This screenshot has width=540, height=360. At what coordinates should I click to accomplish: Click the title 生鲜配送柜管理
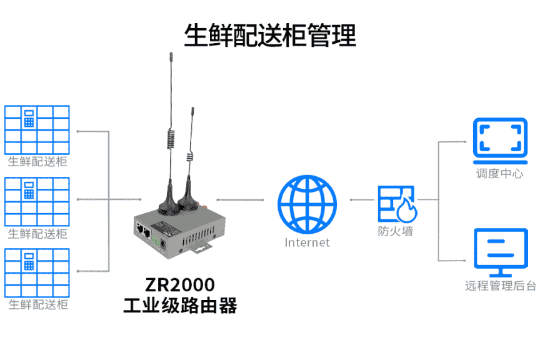pos(270,35)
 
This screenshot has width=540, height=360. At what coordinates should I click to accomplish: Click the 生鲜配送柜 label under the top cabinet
pos(37,162)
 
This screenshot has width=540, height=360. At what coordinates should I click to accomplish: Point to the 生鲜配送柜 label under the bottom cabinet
pos(37,305)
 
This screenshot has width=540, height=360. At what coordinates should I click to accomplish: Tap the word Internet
pos(307,242)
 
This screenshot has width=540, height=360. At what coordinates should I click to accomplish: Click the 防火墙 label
pos(396,231)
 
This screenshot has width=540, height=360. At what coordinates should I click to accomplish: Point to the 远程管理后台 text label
pos(501,286)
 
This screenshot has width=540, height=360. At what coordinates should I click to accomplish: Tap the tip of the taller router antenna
pos(170,56)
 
